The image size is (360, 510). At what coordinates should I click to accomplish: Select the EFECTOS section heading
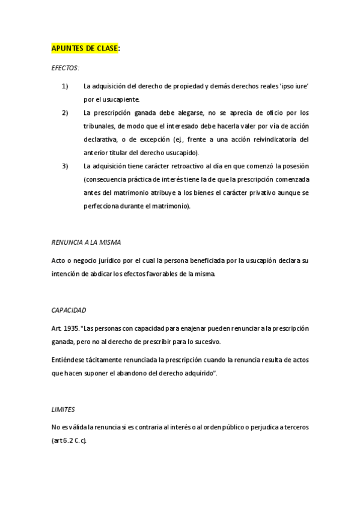coord(65,69)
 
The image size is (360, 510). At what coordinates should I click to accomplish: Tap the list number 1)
coord(66,87)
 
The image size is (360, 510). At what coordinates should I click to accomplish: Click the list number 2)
coord(66,113)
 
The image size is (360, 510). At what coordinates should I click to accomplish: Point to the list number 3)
coord(66,166)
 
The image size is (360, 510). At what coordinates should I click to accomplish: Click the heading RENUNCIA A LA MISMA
coord(87,242)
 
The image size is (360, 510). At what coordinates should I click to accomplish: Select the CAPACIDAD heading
coord(69,310)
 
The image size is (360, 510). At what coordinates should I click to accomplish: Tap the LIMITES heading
coord(63,410)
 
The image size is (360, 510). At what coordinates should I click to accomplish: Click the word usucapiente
coord(120,100)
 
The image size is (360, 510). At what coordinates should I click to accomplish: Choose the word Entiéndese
coord(70,360)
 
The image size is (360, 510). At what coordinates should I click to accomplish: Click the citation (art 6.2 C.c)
coord(70,441)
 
